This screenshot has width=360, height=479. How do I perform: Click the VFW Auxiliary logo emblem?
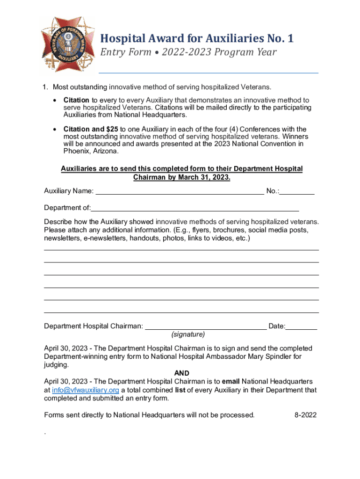click(x=67, y=45)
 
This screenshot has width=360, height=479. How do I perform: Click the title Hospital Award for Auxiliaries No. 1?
click(x=197, y=38)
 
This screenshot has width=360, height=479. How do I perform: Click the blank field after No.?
click(x=298, y=191)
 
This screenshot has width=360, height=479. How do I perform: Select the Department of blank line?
click(x=195, y=208)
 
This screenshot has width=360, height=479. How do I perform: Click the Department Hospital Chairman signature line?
click(x=206, y=326)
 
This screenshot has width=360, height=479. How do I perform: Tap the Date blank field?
click(x=302, y=326)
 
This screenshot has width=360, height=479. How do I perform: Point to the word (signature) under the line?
click(x=188, y=334)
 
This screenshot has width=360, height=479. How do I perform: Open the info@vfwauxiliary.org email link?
click(x=86, y=390)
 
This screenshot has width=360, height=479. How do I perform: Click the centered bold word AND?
click(x=181, y=373)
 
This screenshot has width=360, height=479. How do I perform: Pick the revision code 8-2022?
click(x=306, y=414)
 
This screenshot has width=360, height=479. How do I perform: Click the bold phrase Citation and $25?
click(x=91, y=129)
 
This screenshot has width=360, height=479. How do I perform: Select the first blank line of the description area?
click(x=181, y=250)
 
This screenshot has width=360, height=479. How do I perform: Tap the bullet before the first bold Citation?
click(x=56, y=101)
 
